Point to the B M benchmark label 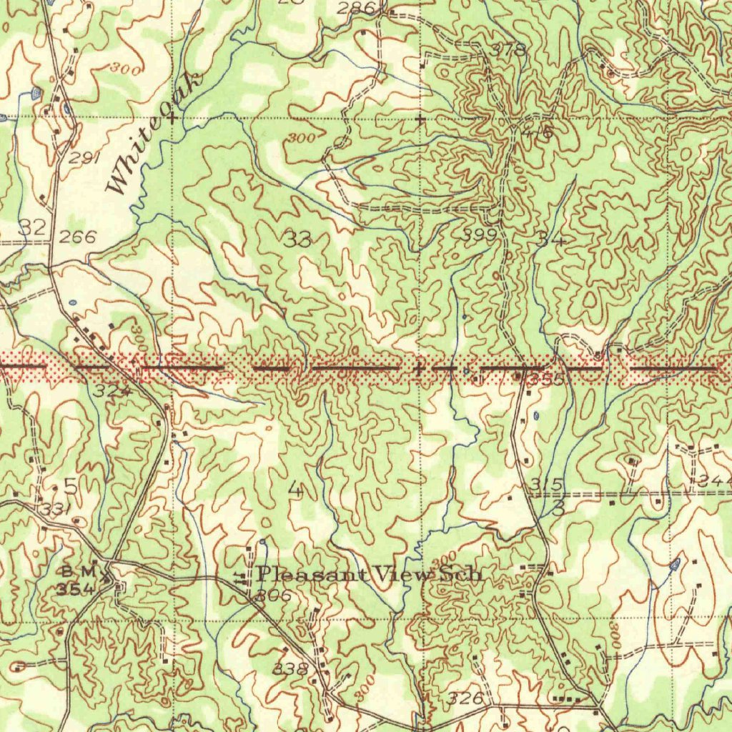tap(78, 571)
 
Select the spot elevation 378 tap(509, 50)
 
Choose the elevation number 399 tap(479, 234)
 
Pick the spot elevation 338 tap(292, 669)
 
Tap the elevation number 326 tap(466, 698)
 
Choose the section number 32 tap(33, 227)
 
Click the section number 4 tap(295, 490)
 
